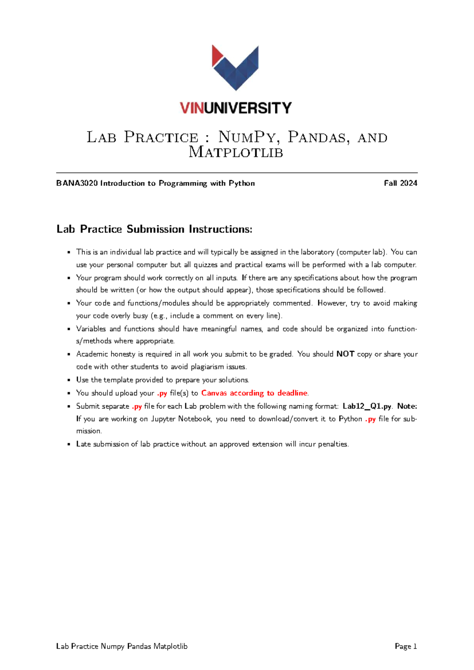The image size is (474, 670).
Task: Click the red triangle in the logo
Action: [216, 55]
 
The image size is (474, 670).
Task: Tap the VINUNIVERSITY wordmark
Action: [236, 108]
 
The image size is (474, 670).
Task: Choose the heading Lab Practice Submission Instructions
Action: [154, 229]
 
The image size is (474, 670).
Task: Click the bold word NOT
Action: [345, 354]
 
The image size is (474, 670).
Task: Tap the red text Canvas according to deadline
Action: [254, 393]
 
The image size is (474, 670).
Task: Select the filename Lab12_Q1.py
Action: [367, 406]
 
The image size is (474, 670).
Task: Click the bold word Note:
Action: [407, 406]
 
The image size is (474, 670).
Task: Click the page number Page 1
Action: [406, 646]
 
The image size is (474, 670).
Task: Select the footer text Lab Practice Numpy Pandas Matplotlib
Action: [122, 646]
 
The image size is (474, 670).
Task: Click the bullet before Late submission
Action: [69, 444]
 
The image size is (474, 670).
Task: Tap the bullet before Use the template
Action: [69, 380]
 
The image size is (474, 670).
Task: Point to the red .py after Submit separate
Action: [137, 406]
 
